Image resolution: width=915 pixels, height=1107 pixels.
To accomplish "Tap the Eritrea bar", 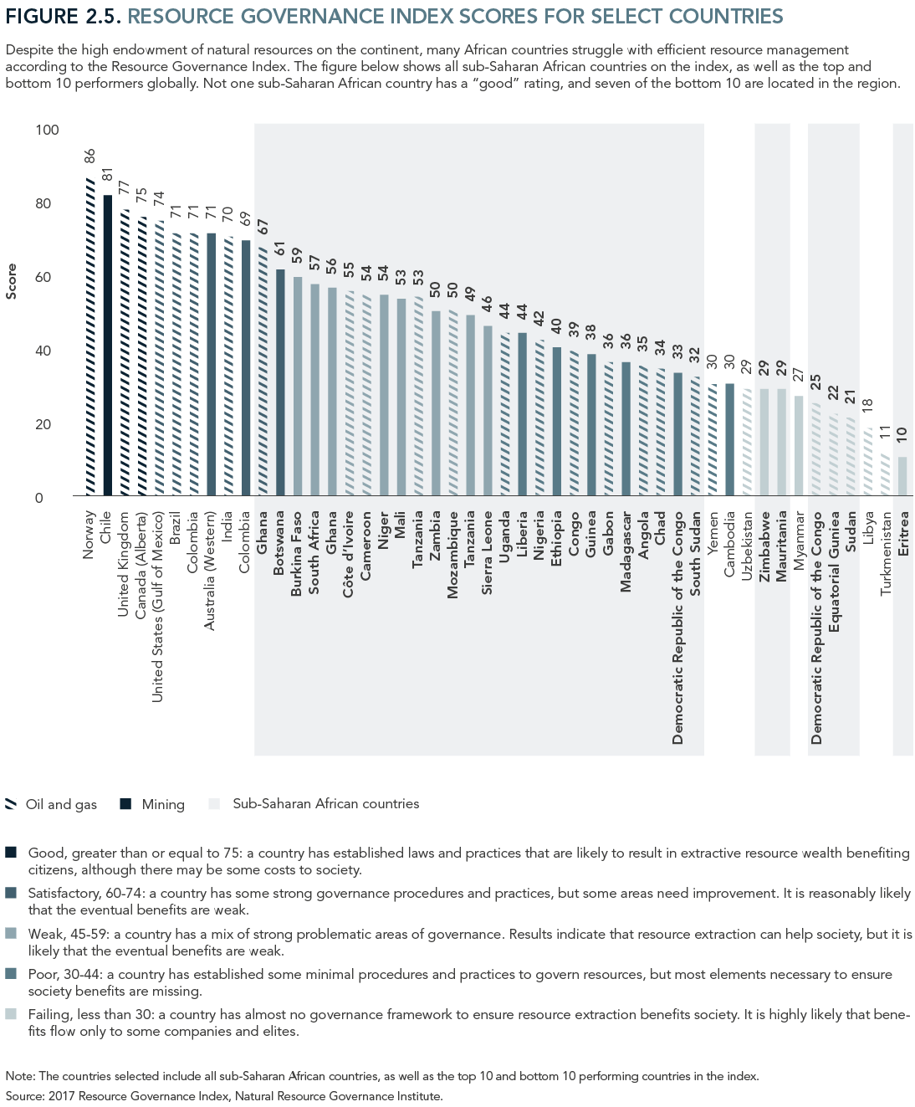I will click(x=902, y=476).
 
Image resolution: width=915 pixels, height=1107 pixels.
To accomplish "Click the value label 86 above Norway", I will click(x=90, y=156).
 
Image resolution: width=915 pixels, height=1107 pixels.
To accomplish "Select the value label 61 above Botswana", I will click(x=280, y=249).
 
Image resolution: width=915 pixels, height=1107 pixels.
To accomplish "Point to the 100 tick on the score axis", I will click(x=47, y=130).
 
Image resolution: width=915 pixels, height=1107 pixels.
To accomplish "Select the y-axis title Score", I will click(x=11, y=281).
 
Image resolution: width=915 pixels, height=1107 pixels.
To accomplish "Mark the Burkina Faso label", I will click(x=297, y=553).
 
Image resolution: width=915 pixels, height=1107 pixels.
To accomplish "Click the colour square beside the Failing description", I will click(x=11, y=1014).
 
